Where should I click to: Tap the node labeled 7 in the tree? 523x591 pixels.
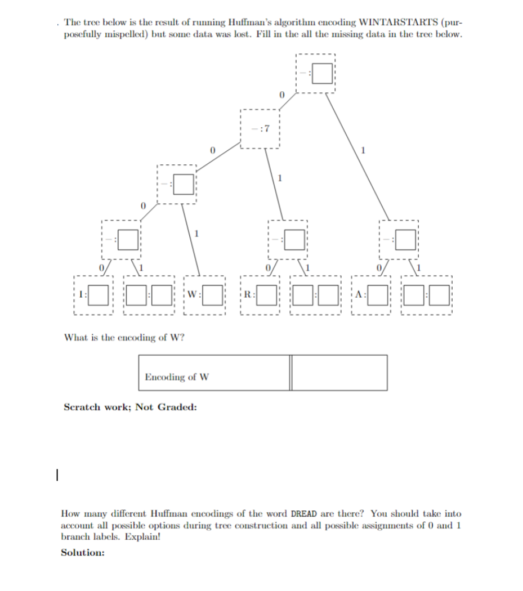261,129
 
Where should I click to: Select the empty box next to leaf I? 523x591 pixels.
97,294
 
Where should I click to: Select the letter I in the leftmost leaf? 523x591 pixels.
81,294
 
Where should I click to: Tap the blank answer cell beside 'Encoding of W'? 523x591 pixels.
340,373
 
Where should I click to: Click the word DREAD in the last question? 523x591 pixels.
304,514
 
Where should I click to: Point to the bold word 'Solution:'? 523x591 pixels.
83,553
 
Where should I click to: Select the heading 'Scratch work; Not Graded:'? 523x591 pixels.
130,407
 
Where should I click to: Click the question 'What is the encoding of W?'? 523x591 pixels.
124,338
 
